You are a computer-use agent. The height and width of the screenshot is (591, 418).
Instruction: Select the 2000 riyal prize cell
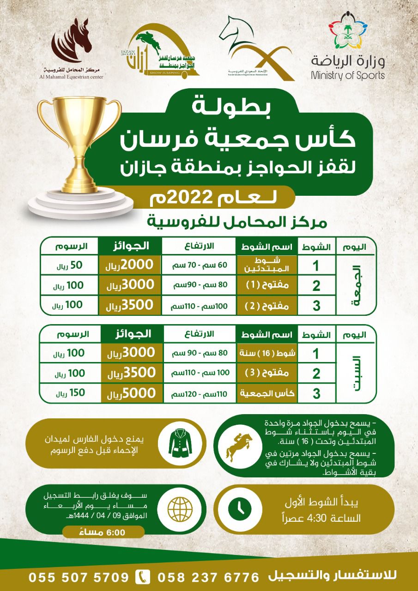click(129, 265)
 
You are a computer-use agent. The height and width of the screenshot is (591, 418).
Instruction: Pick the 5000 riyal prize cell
click(129, 393)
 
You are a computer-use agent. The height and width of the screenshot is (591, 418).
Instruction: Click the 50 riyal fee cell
click(70, 265)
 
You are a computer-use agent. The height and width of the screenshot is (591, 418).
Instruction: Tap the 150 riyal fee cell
click(70, 393)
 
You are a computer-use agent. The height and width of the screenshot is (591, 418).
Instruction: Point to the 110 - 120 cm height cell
click(199, 394)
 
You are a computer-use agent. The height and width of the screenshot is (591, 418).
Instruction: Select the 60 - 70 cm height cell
click(199, 265)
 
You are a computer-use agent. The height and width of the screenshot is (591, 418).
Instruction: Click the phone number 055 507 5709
click(79, 578)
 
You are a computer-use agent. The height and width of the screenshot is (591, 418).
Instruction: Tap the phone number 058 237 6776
click(209, 578)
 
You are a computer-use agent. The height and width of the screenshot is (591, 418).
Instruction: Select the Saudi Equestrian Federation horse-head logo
click(252, 46)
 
